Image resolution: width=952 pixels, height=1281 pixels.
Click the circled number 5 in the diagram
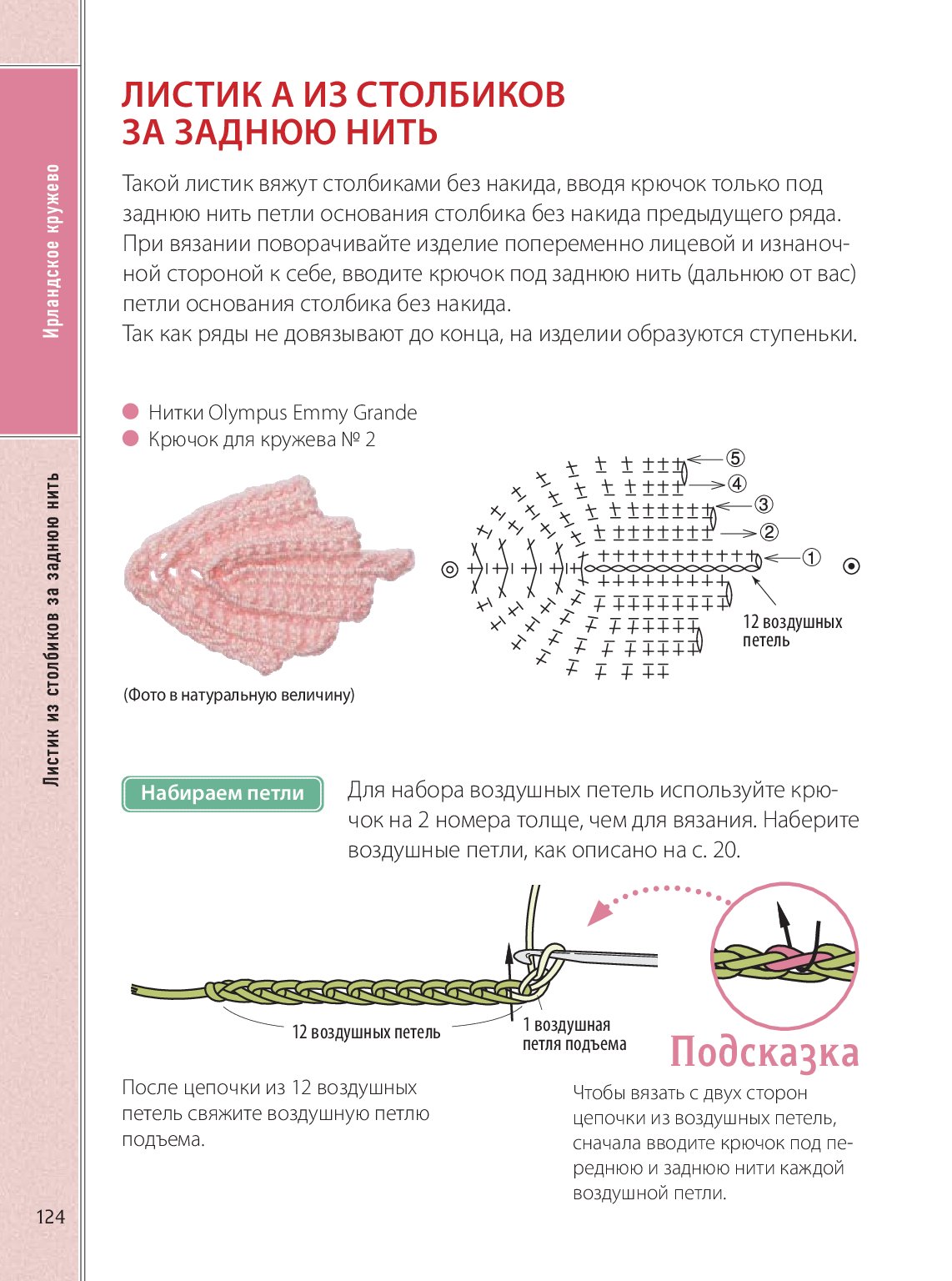(734, 458)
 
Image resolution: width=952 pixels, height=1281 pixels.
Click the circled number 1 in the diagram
(811, 558)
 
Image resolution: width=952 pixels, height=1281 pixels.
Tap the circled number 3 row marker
(764, 505)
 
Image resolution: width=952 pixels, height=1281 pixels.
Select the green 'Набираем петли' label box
(223, 793)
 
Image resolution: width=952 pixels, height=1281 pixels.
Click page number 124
(50, 1217)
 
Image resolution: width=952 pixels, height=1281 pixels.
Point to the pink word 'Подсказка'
(764, 1052)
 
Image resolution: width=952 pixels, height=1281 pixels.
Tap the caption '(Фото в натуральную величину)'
(239, 695)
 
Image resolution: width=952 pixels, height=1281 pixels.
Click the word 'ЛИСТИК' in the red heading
(192, 94)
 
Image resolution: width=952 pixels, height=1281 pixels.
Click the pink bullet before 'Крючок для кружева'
(130, 439)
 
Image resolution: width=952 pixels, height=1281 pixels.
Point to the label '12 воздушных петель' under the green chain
(366, 1032)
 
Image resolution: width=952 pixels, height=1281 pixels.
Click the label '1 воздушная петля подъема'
(574, 1034)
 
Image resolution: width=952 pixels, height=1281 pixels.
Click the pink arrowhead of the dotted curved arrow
(597, 916)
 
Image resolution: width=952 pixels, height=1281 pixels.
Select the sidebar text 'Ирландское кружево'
(52, 250)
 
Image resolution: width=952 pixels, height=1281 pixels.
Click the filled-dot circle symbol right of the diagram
(851, 566)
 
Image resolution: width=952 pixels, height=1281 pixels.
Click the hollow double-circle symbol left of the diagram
(450, 570)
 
